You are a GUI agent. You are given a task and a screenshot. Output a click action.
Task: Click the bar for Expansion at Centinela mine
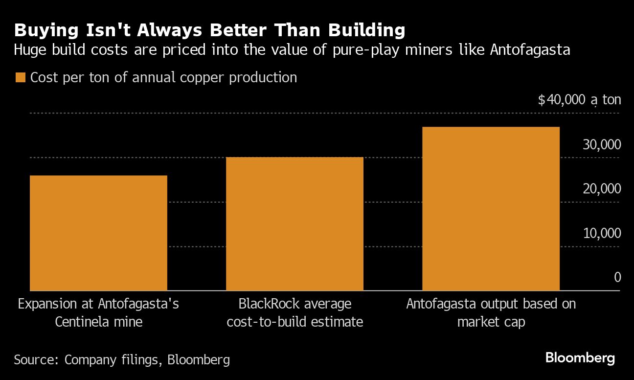[98, 233]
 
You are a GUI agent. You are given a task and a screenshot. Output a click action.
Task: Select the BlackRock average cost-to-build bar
[294, 224]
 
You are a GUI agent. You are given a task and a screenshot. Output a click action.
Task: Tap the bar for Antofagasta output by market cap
[491, 209]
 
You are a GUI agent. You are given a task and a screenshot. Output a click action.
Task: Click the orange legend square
[20, 78]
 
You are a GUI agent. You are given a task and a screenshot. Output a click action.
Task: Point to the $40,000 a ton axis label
[579, 100]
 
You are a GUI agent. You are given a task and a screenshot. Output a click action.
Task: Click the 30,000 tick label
[602, 144]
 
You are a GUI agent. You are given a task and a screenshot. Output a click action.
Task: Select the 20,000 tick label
[602, 189]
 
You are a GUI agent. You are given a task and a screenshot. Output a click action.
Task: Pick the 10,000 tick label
[602, 233]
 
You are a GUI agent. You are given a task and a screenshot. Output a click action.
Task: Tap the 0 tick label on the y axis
[617, 277]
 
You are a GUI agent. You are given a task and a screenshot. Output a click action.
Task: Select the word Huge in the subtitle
[30, 50]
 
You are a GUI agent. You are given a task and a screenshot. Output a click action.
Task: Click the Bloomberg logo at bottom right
[580, 358]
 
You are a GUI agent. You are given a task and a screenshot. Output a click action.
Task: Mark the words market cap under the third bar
[491, 322]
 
